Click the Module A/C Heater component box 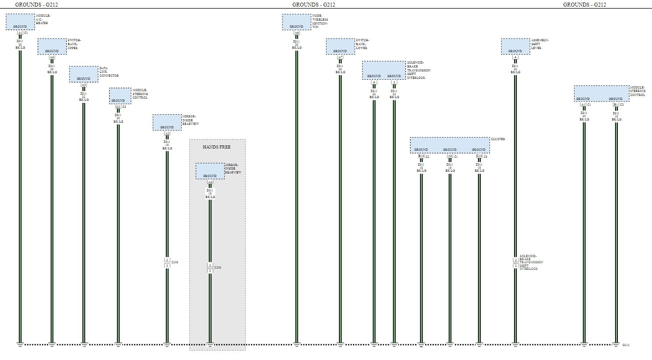pos(20,22)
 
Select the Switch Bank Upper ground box pos(52,46)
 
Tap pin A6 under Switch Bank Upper pos(52,57)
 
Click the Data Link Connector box pos(84,74)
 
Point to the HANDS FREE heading pos(216,147)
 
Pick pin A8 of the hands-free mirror pos(210,182)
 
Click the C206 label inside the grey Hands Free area pos(218,268)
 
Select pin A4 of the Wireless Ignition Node pos(296,32)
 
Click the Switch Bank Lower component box pos(340,46)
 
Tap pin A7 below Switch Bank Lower pos(340,57)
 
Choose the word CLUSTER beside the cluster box pos(497,139)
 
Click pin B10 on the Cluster pos(421,156)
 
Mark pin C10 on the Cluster pos(479,156)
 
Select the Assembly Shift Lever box pos(515,46)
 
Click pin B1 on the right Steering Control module pos(615,105)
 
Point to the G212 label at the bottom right pos(626,345)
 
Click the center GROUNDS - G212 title pos(314,5)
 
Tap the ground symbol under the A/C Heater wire pos(20,345)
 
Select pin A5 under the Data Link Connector pos(84,85)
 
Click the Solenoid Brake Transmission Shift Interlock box pos(384,70)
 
